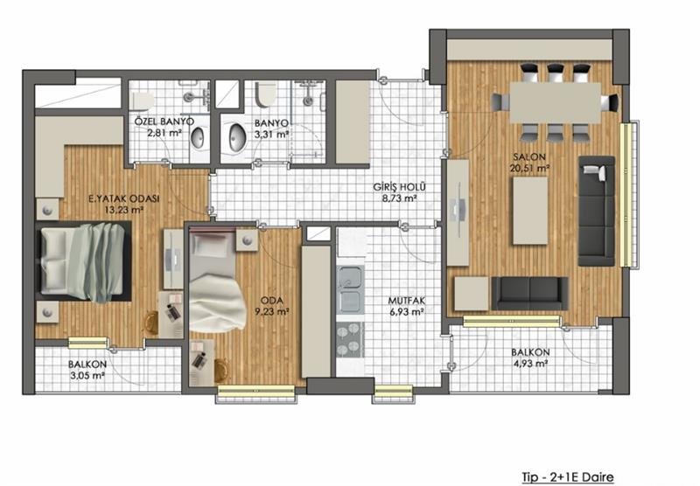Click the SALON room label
(x=529, y=157)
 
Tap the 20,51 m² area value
(x=529, y=168)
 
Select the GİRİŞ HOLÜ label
(x=400, y=187)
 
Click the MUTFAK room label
(x=406, y=301)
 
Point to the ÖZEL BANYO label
(x=164, y=121)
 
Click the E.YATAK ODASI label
(x=123, y=199)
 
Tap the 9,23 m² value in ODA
(x=272, y=312)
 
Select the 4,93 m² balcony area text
(x=531, y=364)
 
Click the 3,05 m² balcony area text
(x=87, y=375)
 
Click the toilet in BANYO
(x=266, y=94)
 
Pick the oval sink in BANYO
(x=237, y=137)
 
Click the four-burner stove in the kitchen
(x=350, y=339)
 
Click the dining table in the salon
(x=556, y=102)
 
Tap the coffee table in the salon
(x=530, y=211)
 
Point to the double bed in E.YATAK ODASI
(x=83, y=261)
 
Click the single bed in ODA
(x=217, y=280)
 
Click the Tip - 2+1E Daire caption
(x=568, y=477)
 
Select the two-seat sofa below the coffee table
(x=530, y=293)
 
